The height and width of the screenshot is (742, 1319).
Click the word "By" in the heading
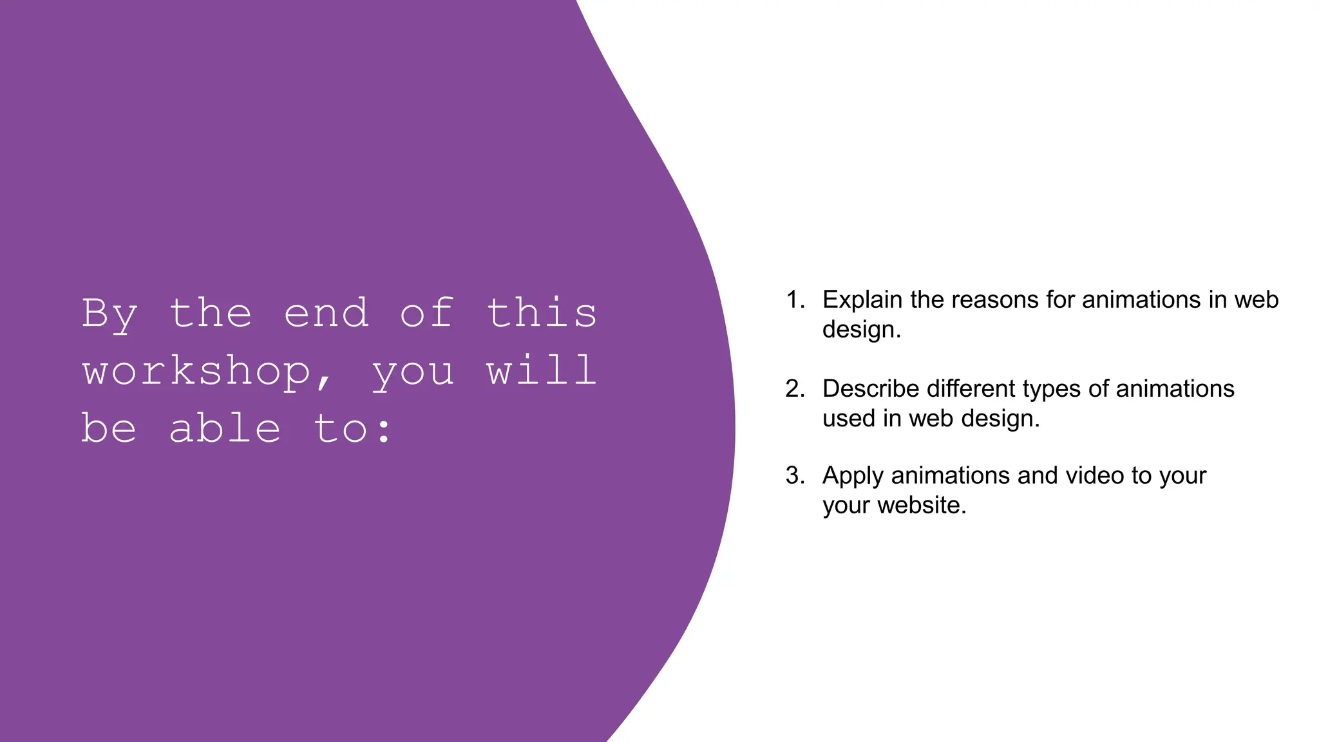click(109, 314)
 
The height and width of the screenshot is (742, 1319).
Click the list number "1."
click(795, 300)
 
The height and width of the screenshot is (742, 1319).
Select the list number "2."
click(795, 389)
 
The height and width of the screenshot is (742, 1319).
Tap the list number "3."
click(795, 476)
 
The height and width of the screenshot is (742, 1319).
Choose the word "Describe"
click(871, 389)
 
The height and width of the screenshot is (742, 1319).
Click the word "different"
click(971, 389)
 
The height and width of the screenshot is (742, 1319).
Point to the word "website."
click(922, 505)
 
